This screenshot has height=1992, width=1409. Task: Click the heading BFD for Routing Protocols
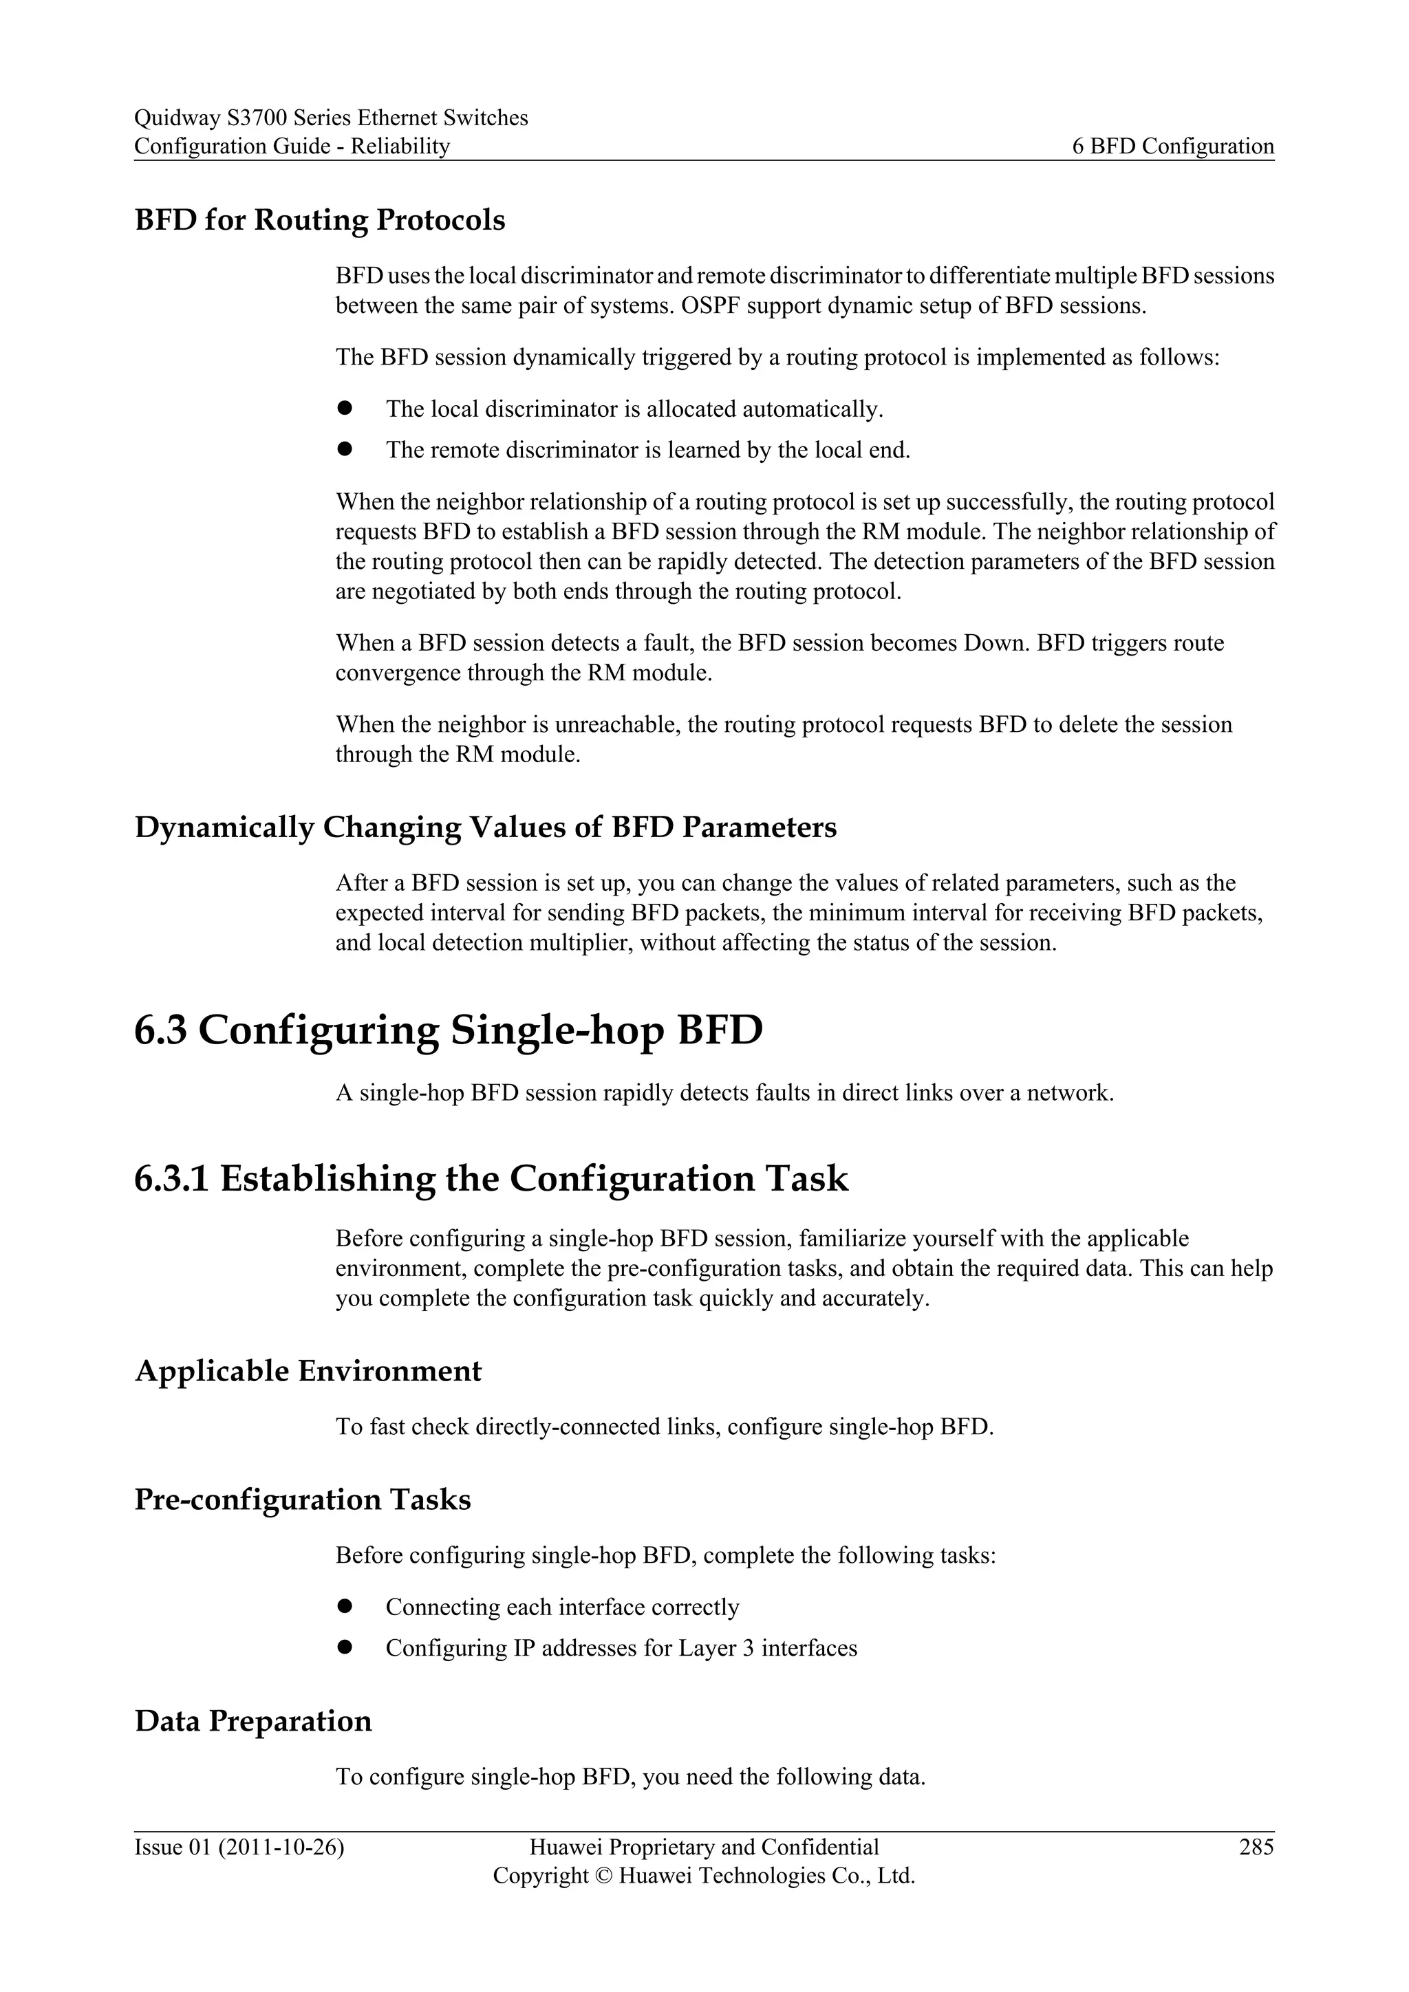click(x=319, y=220)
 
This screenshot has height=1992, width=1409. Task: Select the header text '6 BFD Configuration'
click(x=1173, y=146)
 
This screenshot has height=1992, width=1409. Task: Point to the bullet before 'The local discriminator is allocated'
click(x=345, y=408)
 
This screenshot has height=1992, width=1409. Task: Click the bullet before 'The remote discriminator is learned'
click(x=345, y=448)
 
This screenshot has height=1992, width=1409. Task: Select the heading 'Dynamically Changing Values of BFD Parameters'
click(x=485, y=827)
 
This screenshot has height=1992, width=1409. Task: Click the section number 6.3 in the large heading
click(x=160, y=1030)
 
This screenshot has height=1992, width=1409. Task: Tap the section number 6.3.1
click(x=171, y=1178)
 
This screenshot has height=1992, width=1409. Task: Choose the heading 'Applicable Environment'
click(x=308, y=1371)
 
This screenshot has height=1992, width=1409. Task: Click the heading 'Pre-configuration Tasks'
click(x=302, y=1500)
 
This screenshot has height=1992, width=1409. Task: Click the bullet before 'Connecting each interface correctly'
click(x=345, y=1606)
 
